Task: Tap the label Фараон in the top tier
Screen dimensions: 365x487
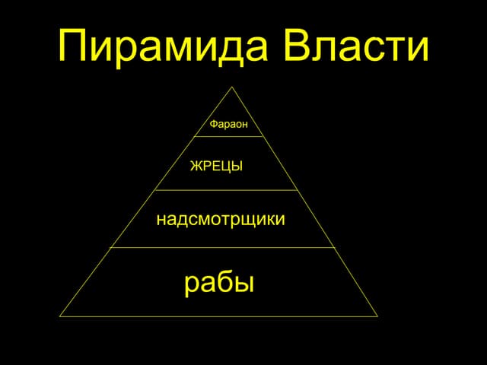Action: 228,124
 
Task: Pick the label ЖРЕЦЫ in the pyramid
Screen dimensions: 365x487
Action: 216,165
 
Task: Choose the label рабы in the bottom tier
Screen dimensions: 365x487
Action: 219,283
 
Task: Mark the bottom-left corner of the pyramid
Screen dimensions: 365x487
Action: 60,316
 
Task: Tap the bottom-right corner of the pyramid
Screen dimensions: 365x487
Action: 377,316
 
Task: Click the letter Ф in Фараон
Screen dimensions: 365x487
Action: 213,124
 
